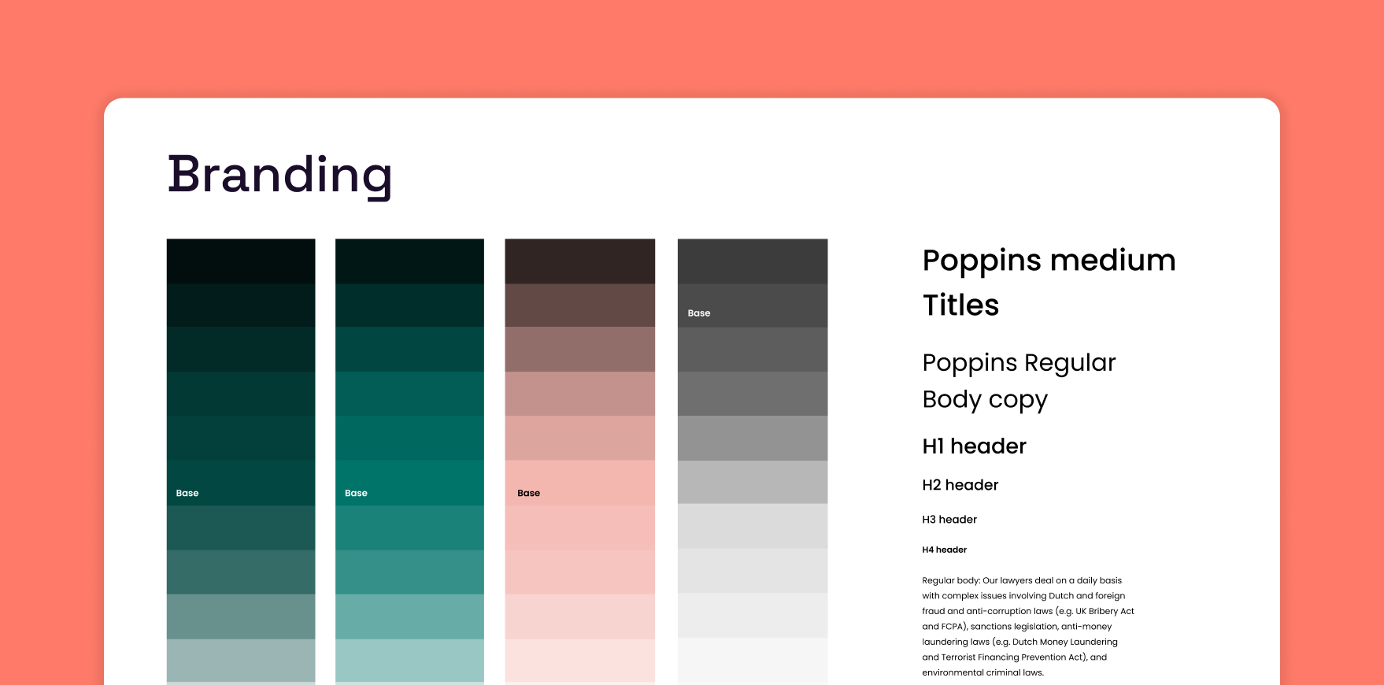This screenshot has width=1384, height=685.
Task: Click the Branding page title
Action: pyautogui.click(x=279, y=175)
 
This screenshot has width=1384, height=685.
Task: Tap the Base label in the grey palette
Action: pyautogui.click(x=699, y=313)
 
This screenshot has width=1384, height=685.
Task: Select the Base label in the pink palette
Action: pyautogui.click(x=528, y=494)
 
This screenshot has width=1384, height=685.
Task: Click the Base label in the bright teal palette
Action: pyautogui.click(x=356, y=494)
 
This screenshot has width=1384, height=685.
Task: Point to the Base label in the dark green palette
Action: pyautogui.click(x=187, y=494)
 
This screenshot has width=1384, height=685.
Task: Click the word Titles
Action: pyautogui.click(x=960, y=305)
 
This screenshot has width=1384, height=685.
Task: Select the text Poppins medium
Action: pyautogui.click(x=1049, y=261)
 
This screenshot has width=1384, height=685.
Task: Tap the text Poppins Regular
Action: pyautogui.click(x=1019, y=363)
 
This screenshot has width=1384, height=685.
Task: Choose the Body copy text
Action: pyautogui.click(x=985, y=400)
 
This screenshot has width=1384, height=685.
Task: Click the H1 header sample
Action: pyautogui.click(x=974, y=446)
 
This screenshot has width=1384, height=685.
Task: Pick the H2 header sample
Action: pyautogui.click(x=960, y=485)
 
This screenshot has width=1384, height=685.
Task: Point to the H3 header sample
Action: pyautogui.click(x=949, y=520)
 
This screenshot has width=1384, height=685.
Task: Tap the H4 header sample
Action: pyautogui.click(x=944, y=550)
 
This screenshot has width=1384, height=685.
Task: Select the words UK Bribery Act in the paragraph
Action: pyautogui.click(x=1105, y=611)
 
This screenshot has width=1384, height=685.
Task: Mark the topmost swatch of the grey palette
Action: pyautogui.click(x=753, y=261)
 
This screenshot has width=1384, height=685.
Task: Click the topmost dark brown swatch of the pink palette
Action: pyautogui.click(x=579, y=261)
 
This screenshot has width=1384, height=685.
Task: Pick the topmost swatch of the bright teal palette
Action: pyautogui.click(x=409, y=261)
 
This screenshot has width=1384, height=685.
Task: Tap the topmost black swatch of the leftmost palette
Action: pyautogui.click(x=241, y=261)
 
